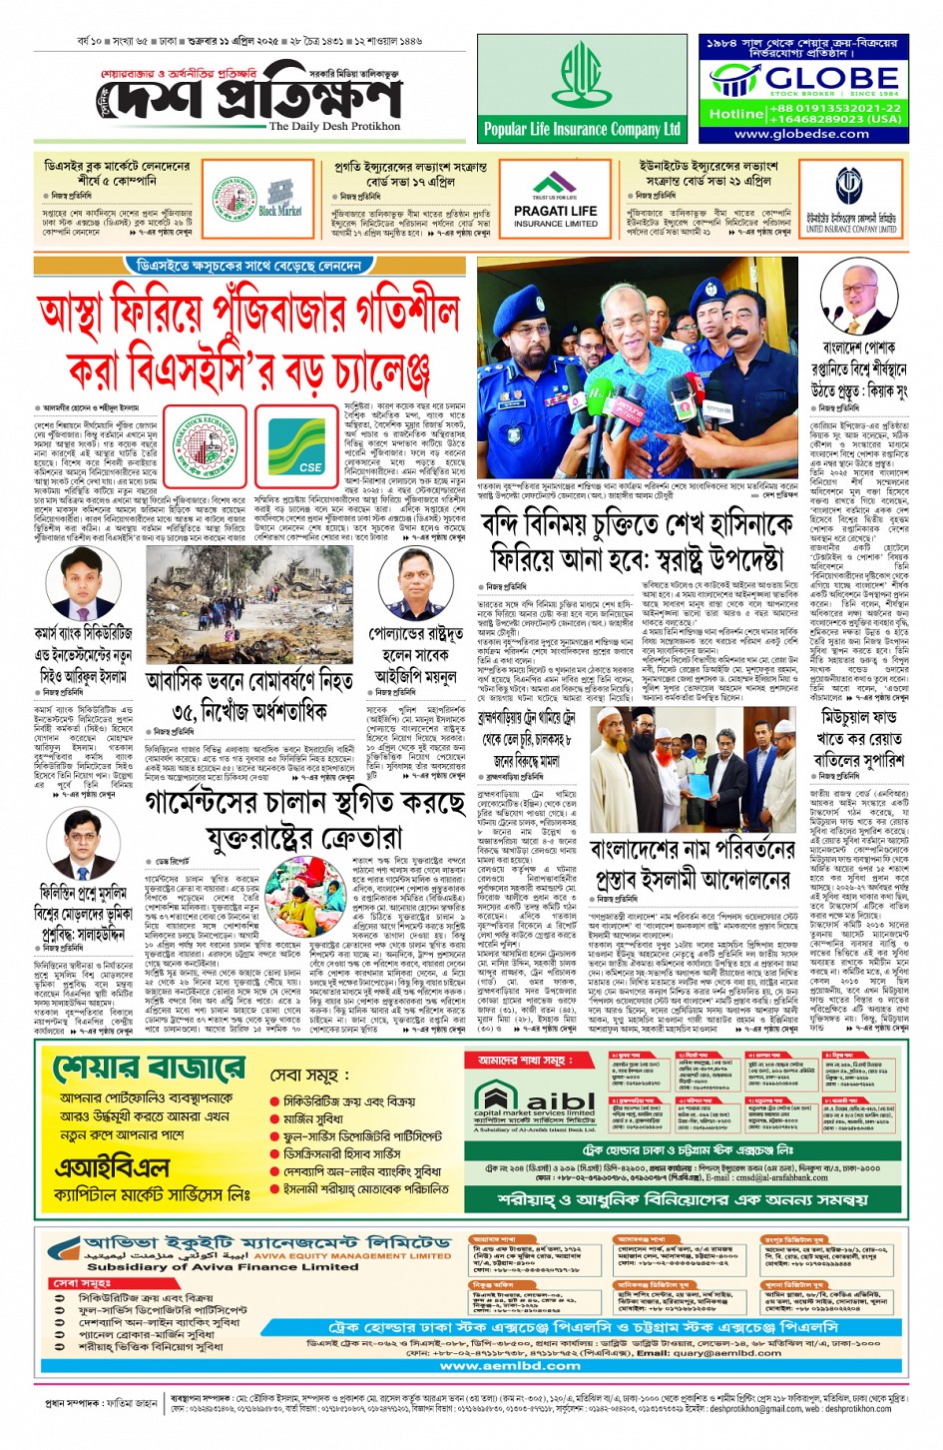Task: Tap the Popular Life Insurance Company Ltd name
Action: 581,129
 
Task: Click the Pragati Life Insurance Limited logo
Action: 556,201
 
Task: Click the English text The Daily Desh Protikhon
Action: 334,127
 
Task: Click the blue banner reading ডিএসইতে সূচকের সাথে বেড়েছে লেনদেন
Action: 248,267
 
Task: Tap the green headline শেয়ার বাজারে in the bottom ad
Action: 151,1068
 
